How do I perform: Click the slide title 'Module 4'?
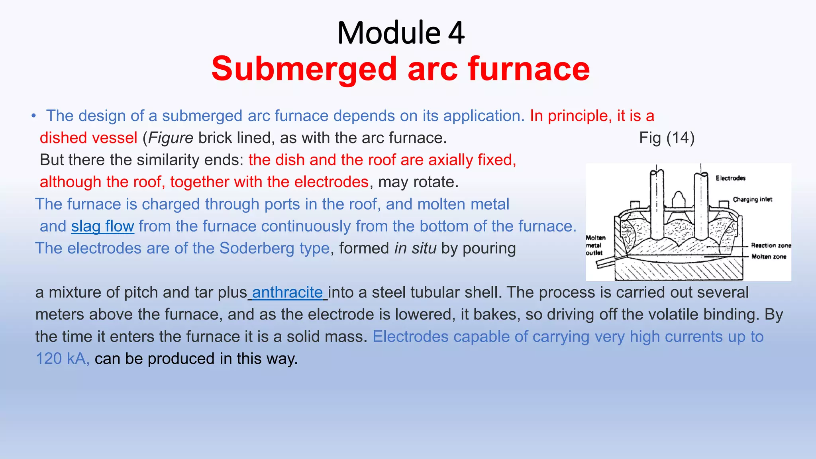(x=400, y=33)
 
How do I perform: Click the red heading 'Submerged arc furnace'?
(x=400, y=69)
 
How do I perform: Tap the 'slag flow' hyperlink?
(x=103, y=226)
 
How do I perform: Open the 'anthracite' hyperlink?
(x=287, y=292)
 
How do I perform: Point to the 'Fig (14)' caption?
(x=667, y=138)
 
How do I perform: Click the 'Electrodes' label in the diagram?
(x=730, y=178)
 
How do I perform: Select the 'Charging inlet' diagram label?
(x=752, y=199)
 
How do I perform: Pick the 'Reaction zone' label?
(x=771, y=245)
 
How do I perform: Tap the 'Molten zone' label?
(x=769, y=257)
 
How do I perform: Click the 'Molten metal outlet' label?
(x=595, y=245)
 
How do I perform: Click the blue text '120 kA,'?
(x=63, y=359)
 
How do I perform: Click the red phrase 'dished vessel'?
(x=88, y=138)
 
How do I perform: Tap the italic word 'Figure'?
(x=171, y=138)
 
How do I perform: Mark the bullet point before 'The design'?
(x=34, y=116)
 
